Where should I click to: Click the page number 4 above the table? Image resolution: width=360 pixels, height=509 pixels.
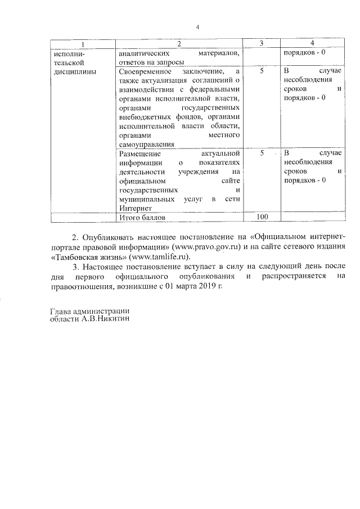click(197, 27)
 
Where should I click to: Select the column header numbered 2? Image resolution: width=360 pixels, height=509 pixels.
click(179, 44)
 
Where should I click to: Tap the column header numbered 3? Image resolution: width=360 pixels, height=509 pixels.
click(262, 44)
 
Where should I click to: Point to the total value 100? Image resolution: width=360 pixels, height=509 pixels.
click(262, 217)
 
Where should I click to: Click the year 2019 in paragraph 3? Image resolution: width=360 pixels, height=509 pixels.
click(209, 286)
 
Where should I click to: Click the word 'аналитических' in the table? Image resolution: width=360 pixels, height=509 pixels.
click(143, 53)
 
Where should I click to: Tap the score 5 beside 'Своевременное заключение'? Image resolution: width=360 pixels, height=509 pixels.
click(262, 71)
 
